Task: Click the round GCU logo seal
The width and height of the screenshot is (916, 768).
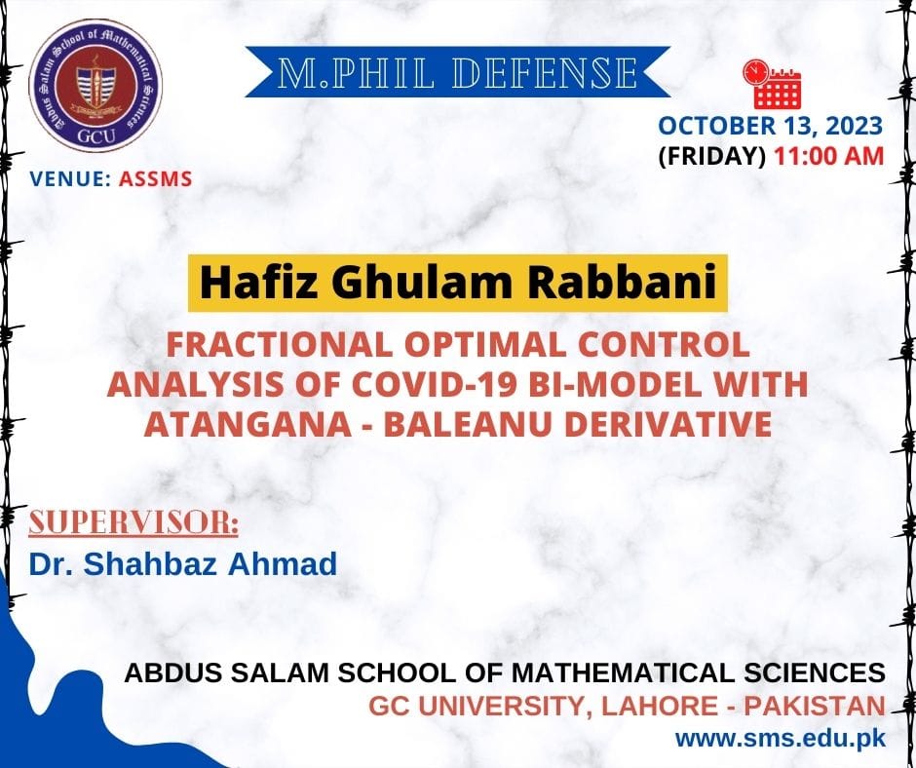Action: coord(95,86)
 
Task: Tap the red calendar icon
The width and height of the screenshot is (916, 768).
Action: coord(772,84)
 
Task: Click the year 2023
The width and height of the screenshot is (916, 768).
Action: coord(855,126)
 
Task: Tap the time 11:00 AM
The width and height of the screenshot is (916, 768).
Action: coord(828,157)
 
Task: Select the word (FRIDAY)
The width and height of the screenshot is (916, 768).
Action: coord(711,157)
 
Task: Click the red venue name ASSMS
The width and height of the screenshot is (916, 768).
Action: coord(155,179)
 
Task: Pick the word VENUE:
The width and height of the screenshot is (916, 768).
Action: coord(70,179)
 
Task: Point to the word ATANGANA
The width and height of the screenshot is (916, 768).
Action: coord(248,424)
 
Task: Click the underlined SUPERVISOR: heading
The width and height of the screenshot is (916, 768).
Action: coord(134,522)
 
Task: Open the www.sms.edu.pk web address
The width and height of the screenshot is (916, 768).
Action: coord(781,738)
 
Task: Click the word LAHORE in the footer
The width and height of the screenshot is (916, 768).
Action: coord(660,706)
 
